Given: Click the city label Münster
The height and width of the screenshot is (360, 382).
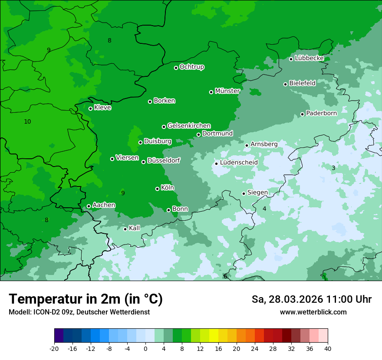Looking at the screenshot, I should [x=227, y=91].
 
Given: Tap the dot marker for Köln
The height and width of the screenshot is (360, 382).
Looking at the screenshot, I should [x=157, y=189].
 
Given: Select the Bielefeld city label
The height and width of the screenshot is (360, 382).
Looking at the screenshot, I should [x=302, y=83].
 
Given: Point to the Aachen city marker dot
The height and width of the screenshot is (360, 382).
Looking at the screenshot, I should [x=89, y=206].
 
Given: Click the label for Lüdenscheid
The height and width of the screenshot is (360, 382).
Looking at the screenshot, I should [x=239, y=163].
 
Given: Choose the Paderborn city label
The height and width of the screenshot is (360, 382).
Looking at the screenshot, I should [x=321, y=113].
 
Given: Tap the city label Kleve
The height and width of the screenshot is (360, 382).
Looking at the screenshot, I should [x=102, y=108].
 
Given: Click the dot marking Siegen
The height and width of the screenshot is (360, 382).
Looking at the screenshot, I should [x=244, y=193].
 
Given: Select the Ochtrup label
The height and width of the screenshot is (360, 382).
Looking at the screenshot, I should [x=192, y=67].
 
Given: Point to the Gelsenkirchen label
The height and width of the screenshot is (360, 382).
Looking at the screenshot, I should [x=189, y=126].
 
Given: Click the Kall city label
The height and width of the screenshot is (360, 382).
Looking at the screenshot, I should [x=135, y=228].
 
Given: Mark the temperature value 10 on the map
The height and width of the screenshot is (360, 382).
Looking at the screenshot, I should [x=27, y=122].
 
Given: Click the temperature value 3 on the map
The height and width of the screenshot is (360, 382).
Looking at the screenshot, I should [x=333, y=168].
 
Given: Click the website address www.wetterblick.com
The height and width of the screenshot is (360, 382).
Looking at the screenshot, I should [x=313, y=312].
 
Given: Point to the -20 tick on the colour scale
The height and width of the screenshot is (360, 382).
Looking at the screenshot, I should [x=54, y=349].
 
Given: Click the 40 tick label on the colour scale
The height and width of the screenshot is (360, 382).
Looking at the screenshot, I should [x=328, y=349].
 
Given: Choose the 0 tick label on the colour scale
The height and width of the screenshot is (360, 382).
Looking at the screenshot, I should [x=145, y=349].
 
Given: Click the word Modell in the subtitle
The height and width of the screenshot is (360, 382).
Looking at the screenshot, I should [x=19, y=312].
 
